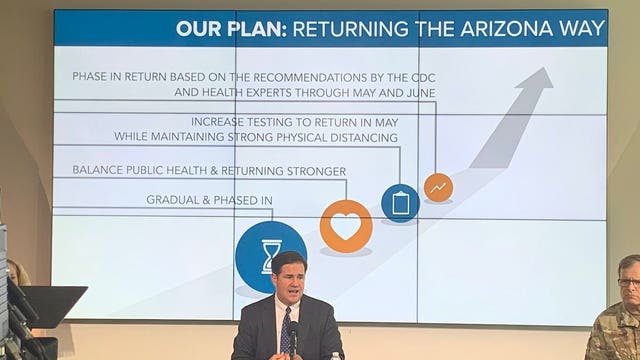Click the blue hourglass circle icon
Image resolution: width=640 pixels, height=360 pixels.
(270, 256)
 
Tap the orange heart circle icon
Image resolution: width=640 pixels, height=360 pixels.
(346, 226)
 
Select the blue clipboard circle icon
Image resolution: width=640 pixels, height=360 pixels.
(400, 203)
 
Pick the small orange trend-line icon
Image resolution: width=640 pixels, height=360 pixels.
(438, 187)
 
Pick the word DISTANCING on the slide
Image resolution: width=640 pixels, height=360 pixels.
(361, 137)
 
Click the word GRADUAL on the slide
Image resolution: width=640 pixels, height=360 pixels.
(177, 200)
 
